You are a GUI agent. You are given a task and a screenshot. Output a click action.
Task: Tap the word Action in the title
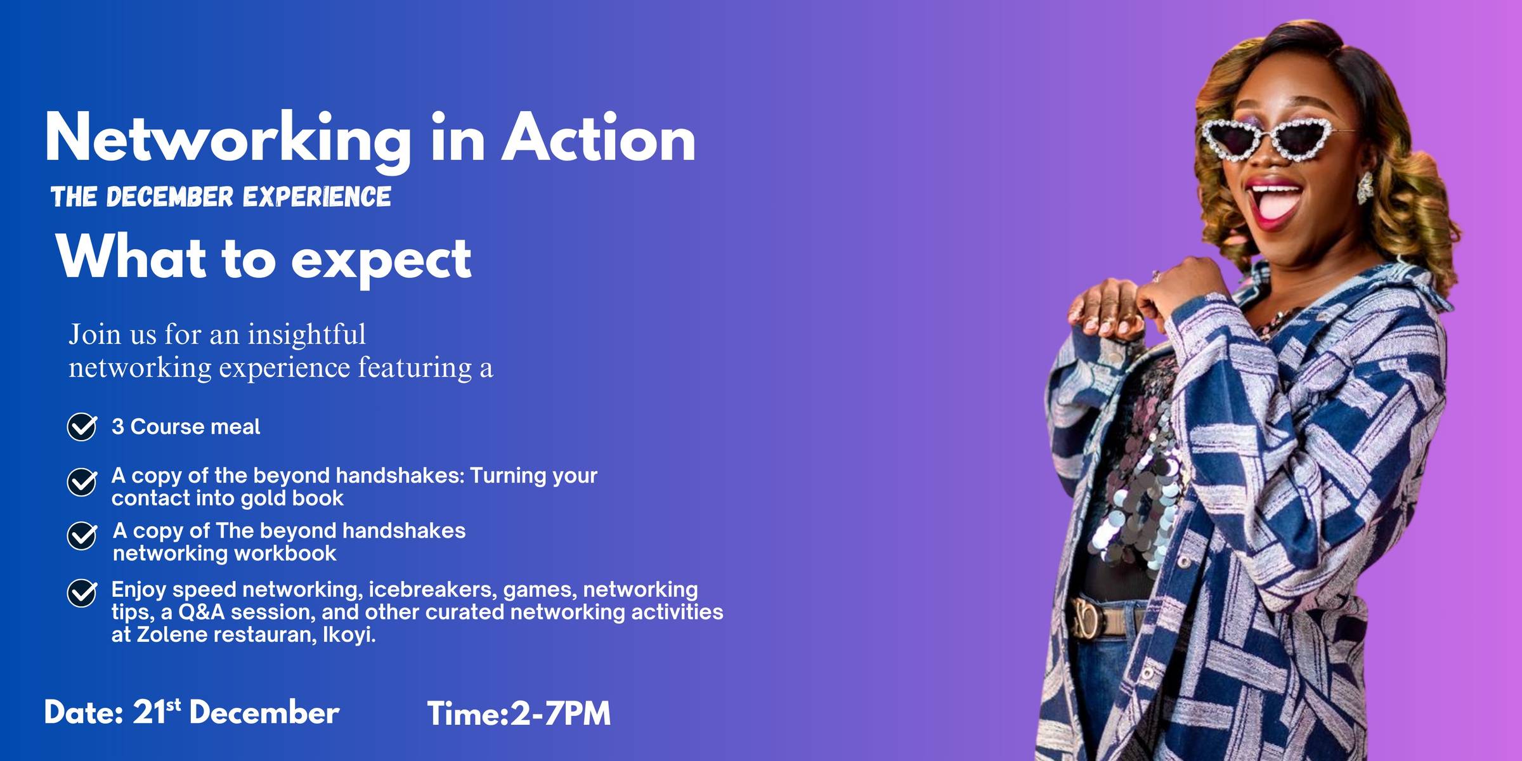(599, 137)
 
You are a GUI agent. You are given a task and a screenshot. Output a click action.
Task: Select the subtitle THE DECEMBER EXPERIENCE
(221, 197)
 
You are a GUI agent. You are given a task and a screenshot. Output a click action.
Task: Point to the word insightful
(306, 335)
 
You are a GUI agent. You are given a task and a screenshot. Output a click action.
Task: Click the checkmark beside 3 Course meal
(82, 426)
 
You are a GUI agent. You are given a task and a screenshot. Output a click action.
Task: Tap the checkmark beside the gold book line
(82, 482)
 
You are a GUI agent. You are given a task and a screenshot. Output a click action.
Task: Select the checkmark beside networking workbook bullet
(82, 536)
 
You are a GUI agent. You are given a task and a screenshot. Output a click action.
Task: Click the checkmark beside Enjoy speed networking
(82, 593)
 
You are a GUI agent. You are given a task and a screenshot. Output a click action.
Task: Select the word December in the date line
(264, 713)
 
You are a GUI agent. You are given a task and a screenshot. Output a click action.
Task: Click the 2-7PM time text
(561, 713)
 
